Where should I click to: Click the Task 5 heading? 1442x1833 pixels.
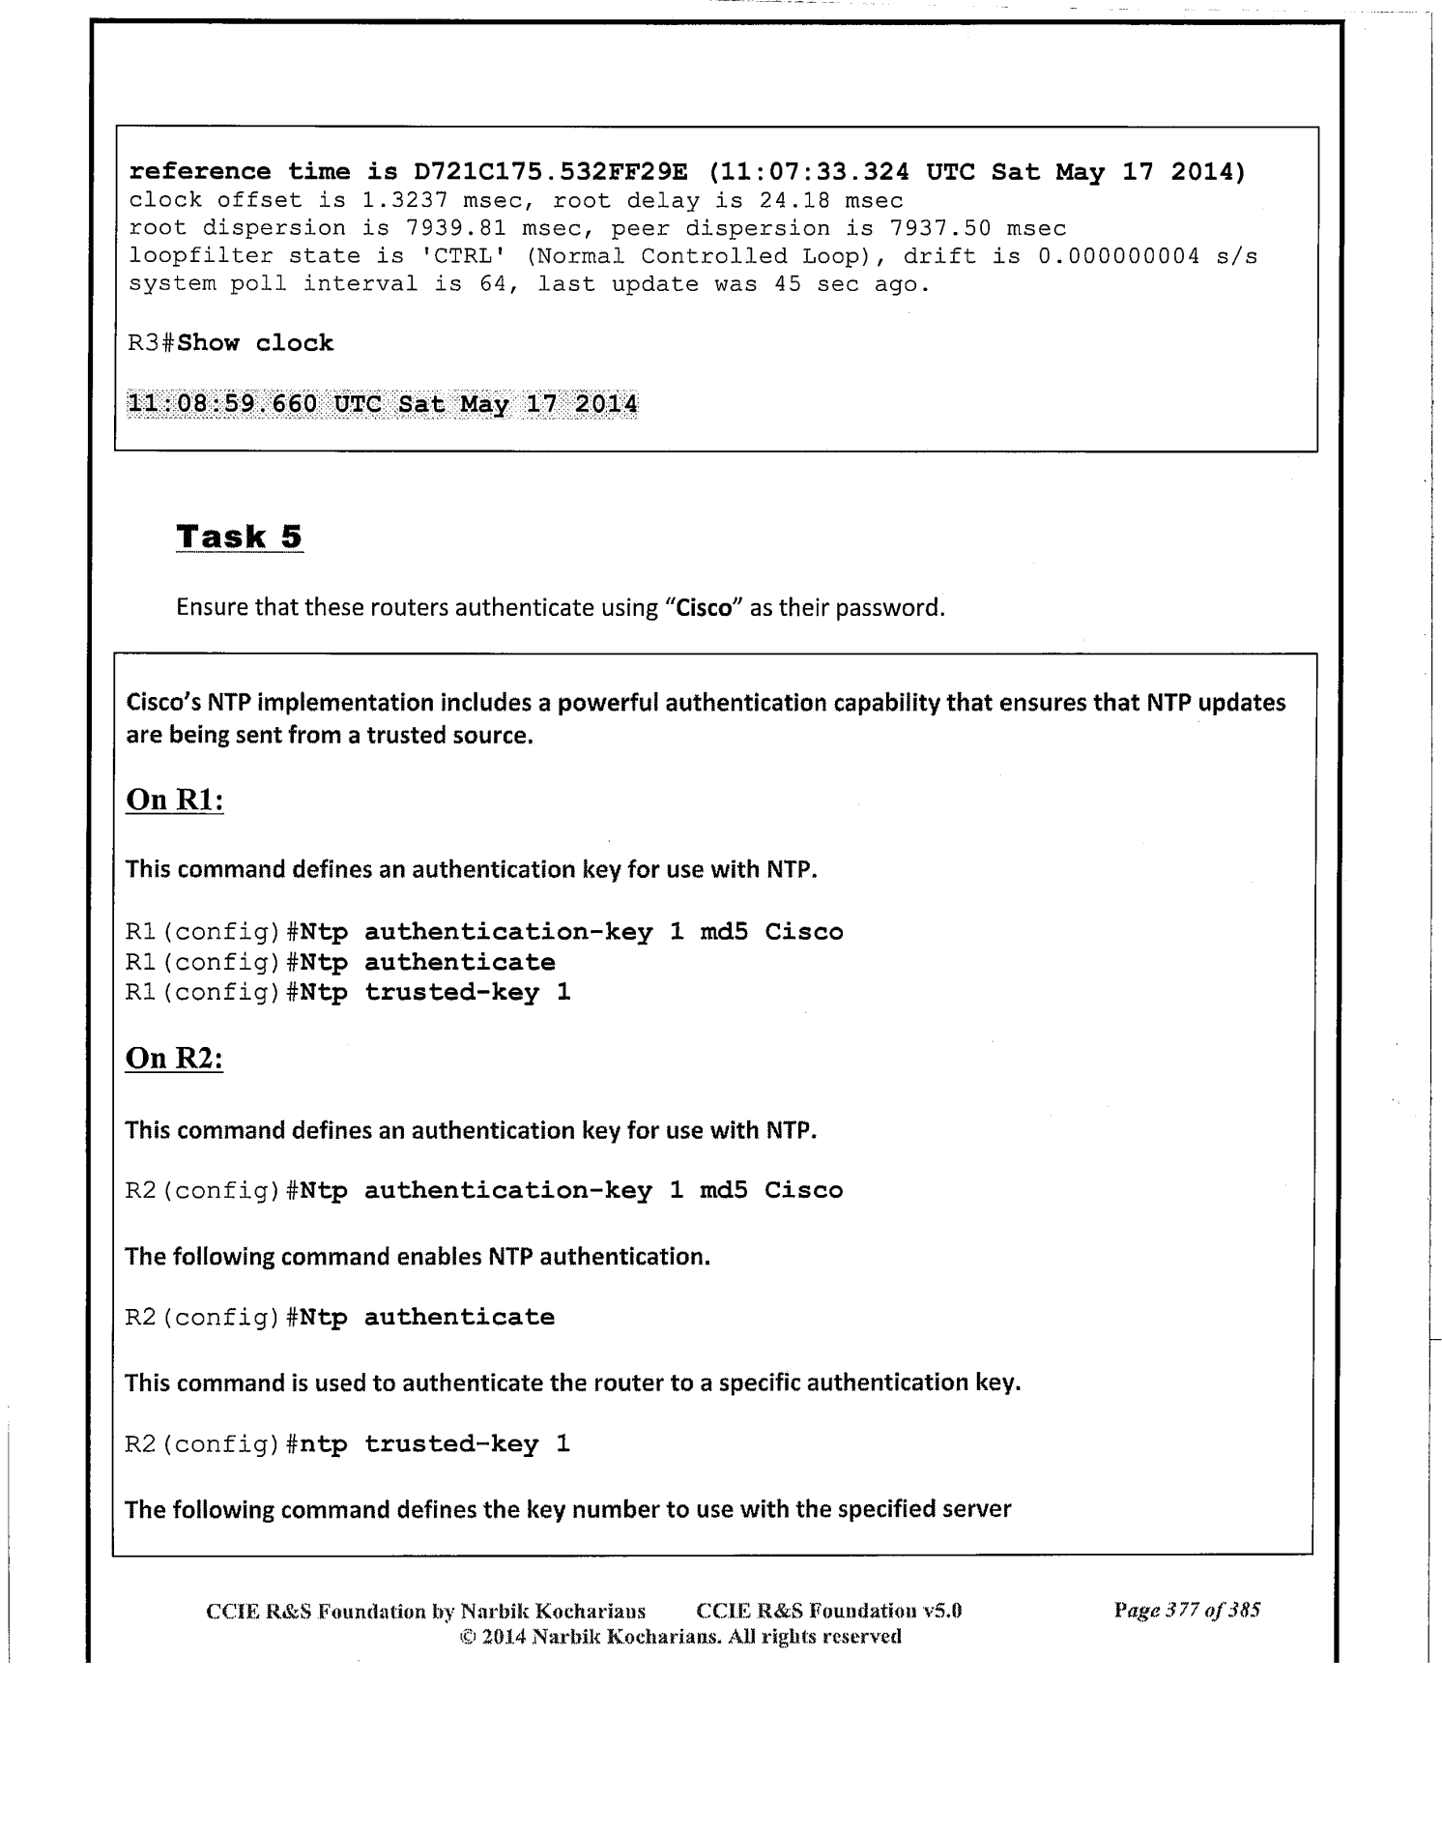[x=240, y=537]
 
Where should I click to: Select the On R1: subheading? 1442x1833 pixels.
[x=175, y=800]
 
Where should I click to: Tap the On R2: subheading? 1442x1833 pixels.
[x=175, y=1059]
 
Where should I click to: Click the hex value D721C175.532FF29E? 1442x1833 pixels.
[x=550, y=172]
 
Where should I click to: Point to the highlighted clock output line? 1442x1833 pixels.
[x=383, y=403]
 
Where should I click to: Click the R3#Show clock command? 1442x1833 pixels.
[x=231, y=343]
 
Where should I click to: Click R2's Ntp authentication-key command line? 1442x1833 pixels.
[x=484, y=1190]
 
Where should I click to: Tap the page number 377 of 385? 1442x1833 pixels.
[x=1187, y=1611]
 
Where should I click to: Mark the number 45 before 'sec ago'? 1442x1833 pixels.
[x=788, y=284]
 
